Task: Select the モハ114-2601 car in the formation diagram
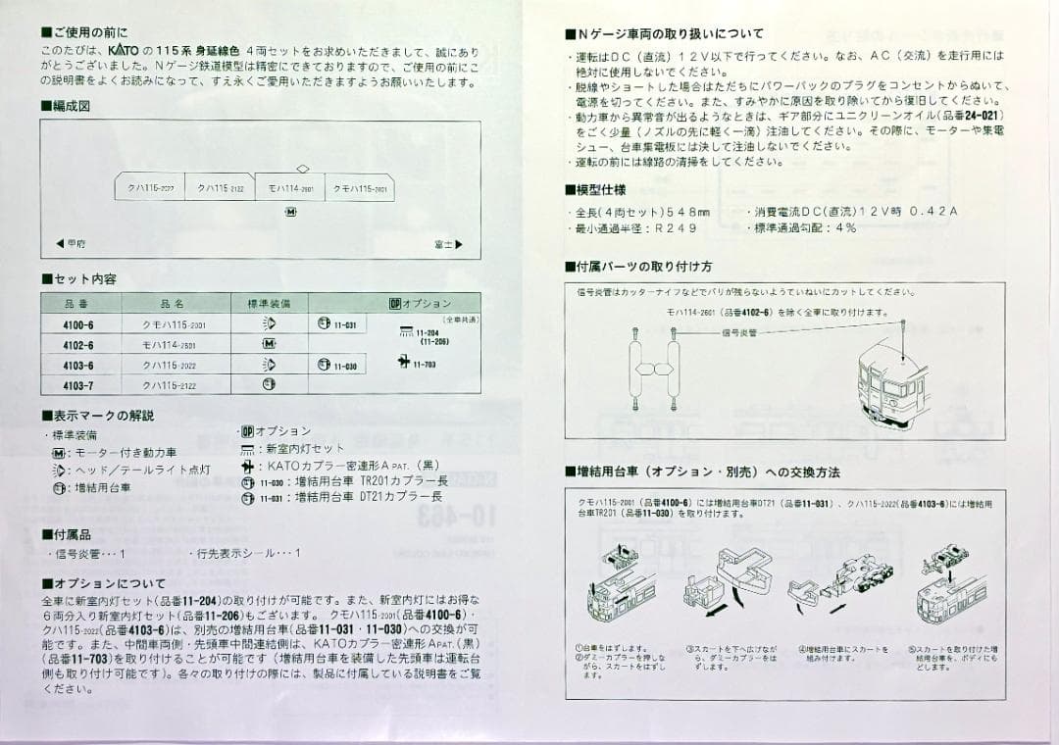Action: point(290,187)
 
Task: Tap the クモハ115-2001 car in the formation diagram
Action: point(360,187)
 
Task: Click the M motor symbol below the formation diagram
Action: point(290,212)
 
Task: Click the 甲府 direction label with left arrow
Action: point(71,244)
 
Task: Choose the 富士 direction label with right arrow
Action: point(447,244)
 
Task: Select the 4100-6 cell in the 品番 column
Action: point(77,324)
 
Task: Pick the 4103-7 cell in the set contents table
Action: point(77,385)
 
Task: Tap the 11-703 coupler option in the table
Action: point(418,364)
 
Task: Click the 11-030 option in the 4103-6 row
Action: point(337,365)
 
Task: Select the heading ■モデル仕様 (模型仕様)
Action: point(595,190)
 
